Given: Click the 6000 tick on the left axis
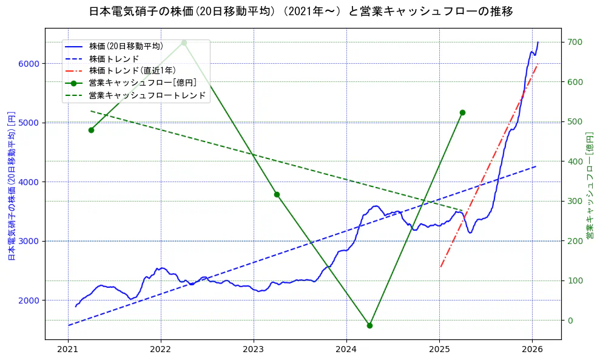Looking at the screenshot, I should pos(30,64).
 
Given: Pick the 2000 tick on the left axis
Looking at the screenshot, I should pos(30,301).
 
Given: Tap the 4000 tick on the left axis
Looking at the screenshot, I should pos(30,182).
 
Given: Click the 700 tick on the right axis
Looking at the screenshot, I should pos(575,42).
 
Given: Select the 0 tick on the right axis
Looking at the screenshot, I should pos(570,321).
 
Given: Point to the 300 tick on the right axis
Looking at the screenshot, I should pos(575,202).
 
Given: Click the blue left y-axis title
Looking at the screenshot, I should pos(10,185).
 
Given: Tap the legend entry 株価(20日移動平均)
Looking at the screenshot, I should pos(126,46).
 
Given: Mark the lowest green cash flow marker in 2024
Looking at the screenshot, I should pos(369,325).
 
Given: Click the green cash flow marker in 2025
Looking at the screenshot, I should pos(462,112).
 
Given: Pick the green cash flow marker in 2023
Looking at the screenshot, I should pos(277,194).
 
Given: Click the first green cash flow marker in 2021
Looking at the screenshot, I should pos(91,130).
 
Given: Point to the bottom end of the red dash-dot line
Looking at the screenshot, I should pos(440,267).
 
